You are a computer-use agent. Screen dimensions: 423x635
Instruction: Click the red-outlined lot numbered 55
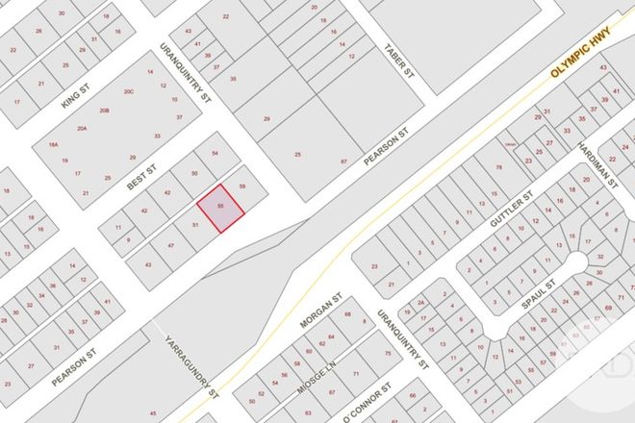[221, 207]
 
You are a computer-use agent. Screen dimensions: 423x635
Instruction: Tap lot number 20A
[83, 128]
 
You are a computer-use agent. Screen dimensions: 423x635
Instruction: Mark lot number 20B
[105, 111]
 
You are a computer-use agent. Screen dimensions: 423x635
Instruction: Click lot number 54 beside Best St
[215, 154]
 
